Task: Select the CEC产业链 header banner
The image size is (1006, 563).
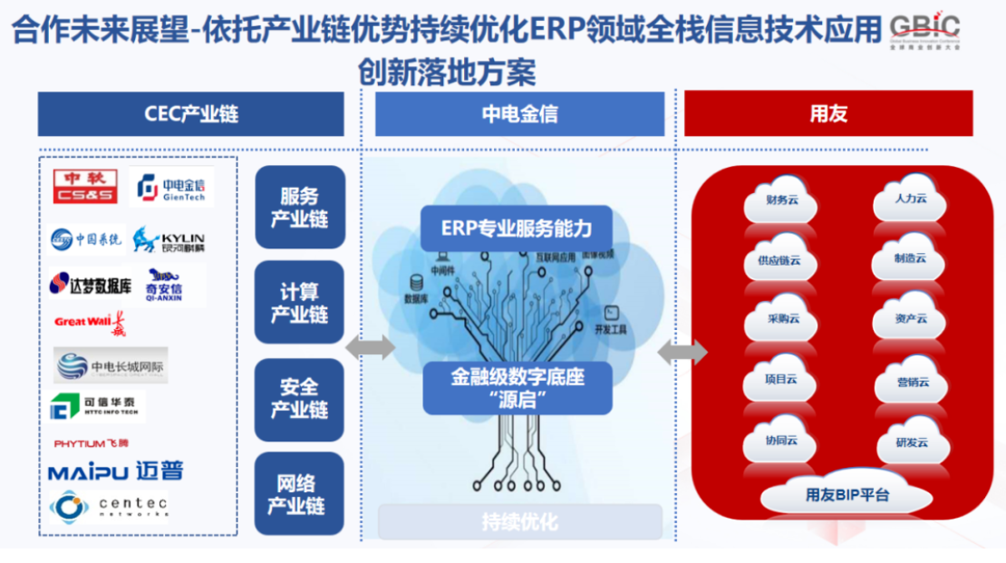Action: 191,114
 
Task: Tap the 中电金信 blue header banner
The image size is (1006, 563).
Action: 519,114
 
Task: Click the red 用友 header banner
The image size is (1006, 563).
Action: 827,114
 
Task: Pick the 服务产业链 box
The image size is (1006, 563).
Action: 300,208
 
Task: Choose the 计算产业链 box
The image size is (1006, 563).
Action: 300,303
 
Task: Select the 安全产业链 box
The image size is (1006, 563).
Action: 300,399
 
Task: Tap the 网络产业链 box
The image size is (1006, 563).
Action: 300,494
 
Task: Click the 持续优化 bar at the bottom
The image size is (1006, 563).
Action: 519,522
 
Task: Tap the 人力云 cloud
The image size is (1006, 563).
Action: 910,199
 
